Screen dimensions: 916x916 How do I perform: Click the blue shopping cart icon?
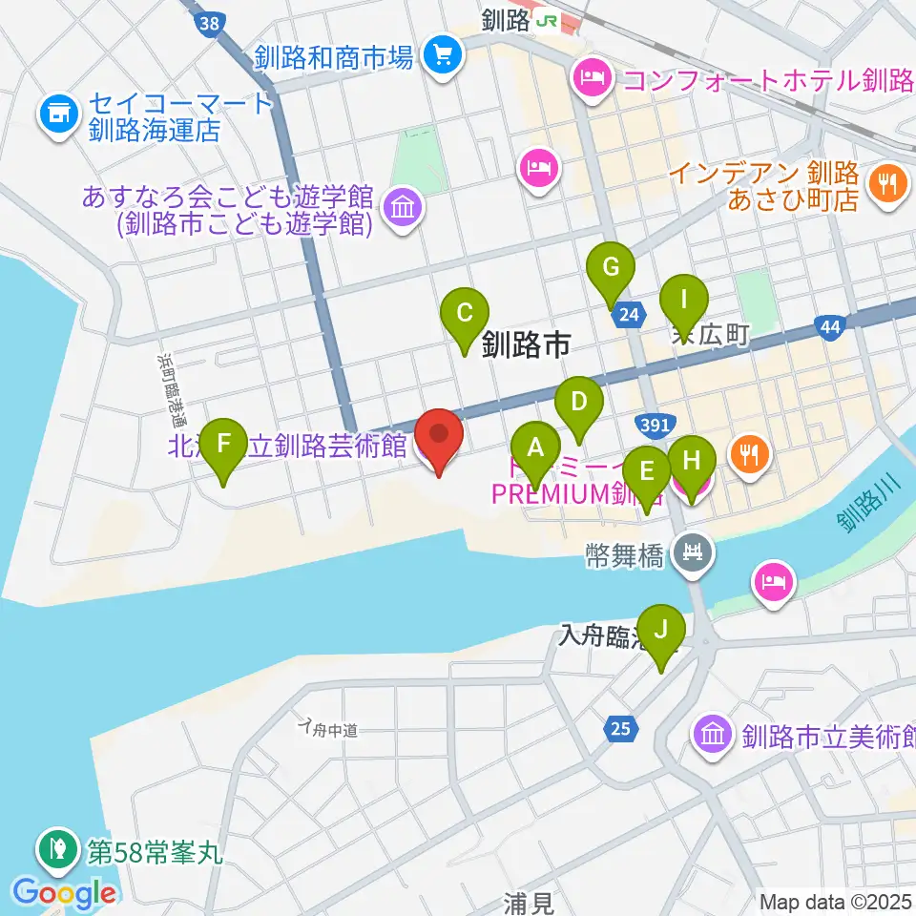(x=444, y=55)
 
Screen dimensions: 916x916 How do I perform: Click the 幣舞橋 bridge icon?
(x=691, y=552)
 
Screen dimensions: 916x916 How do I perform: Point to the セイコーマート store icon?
(x=57, y=114)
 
